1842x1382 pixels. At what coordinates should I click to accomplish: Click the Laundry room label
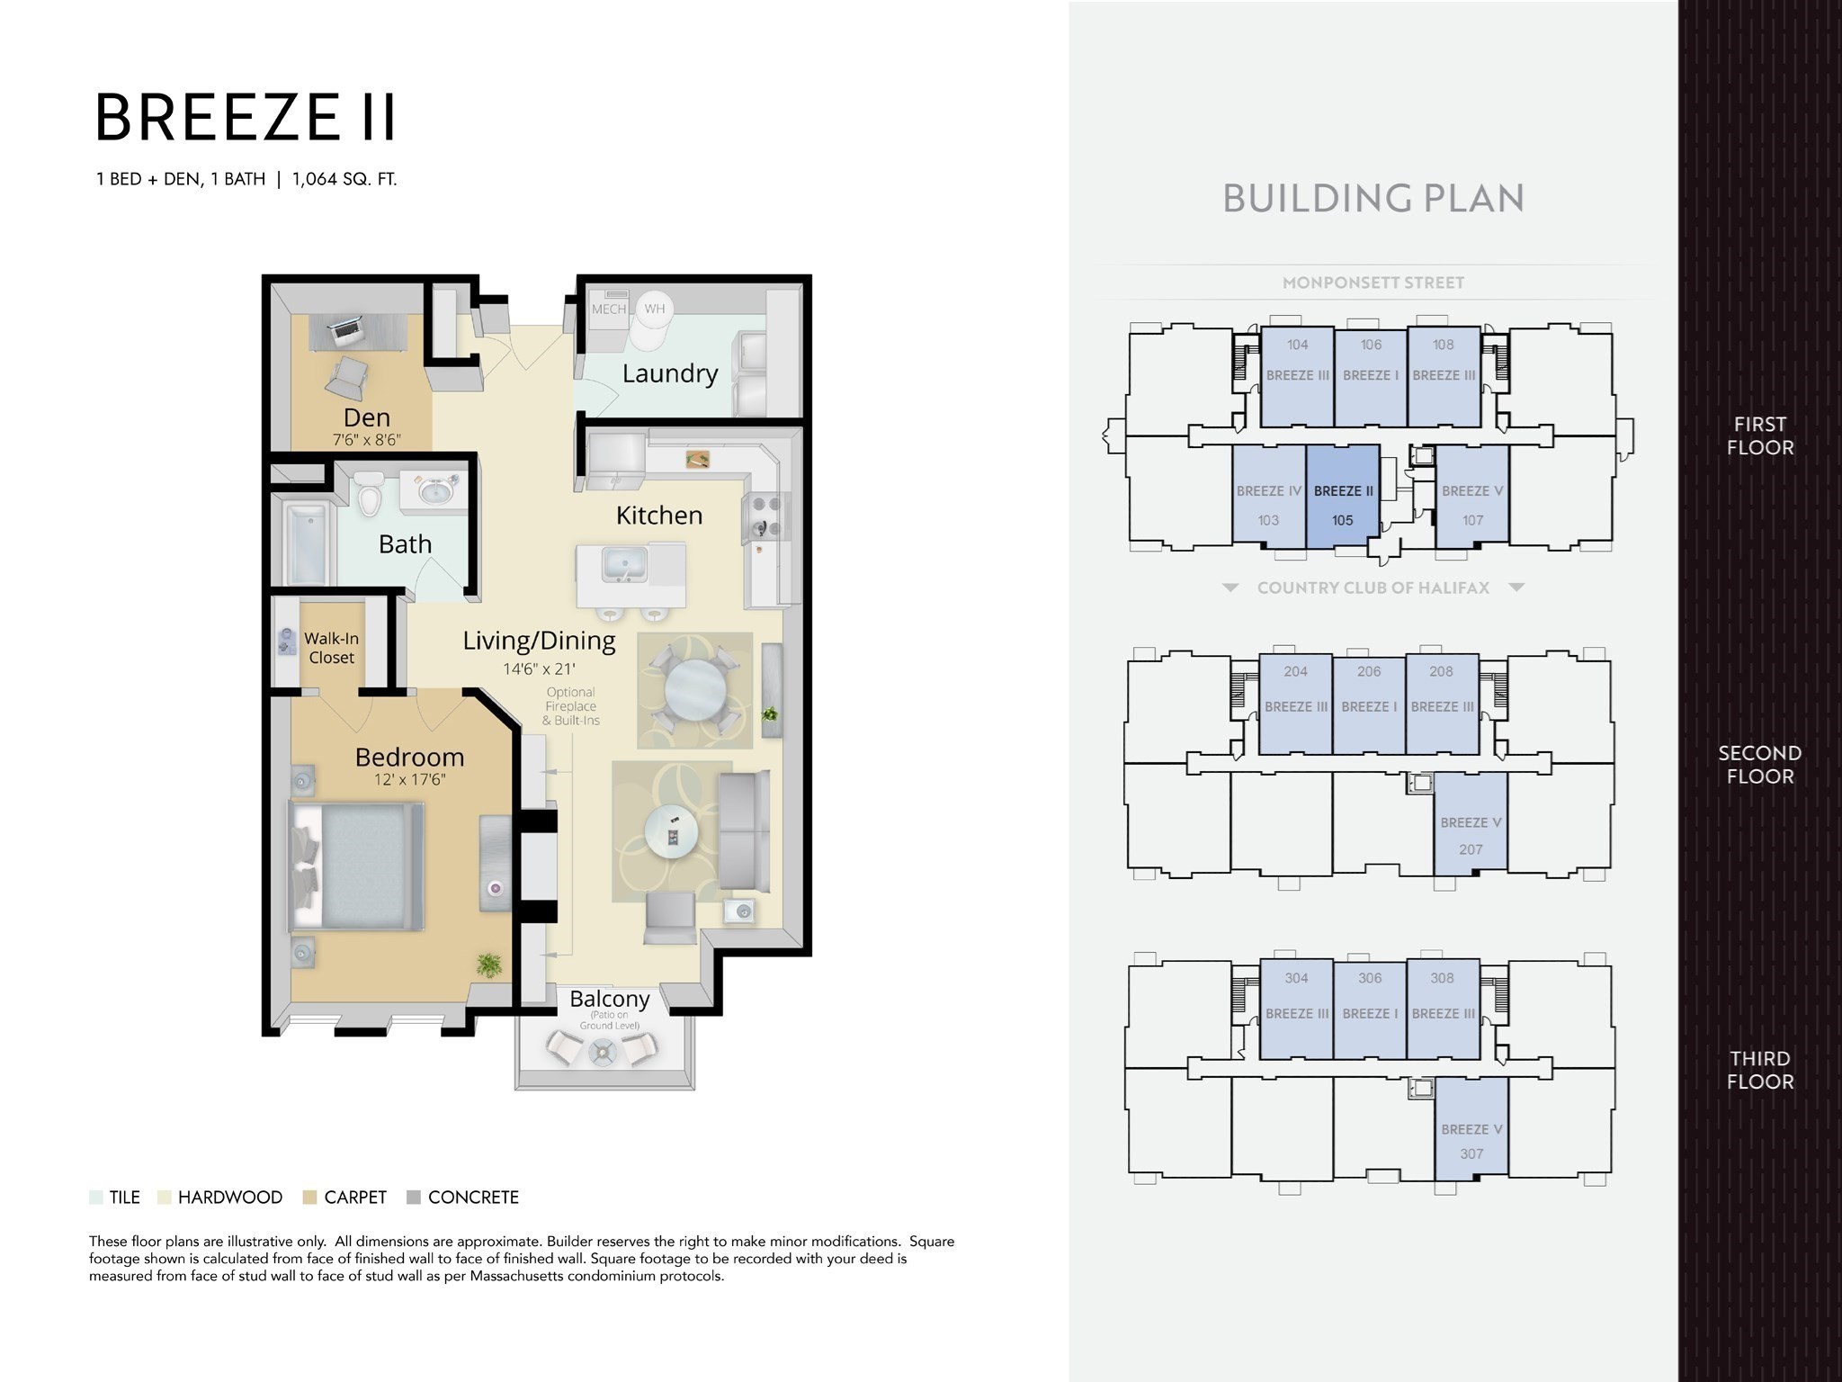pos(670,373)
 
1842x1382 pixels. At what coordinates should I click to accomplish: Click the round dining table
pos(694,691)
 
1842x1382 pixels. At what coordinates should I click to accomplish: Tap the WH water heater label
pos(654,309)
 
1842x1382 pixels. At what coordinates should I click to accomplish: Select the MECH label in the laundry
pos(609,309)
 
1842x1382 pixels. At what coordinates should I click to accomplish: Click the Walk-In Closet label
pos(332,648)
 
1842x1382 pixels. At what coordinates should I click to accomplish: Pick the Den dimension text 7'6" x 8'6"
pos(367,440)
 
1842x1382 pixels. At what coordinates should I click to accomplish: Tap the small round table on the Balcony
pos(601,1049)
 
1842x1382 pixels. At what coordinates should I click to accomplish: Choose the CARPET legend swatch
pos(310,1198)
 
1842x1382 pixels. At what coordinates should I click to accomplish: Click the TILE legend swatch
pos(96,1198)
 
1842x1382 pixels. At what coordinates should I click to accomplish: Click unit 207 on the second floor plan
pos(1471,822)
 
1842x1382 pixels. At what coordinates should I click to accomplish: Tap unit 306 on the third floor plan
pos(1370,1009)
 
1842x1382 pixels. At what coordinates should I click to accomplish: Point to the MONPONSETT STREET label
pos(1373,283)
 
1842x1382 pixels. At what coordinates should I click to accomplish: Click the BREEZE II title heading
pos(246,118)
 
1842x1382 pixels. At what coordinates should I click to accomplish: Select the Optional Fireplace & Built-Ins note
pos(570,706)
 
